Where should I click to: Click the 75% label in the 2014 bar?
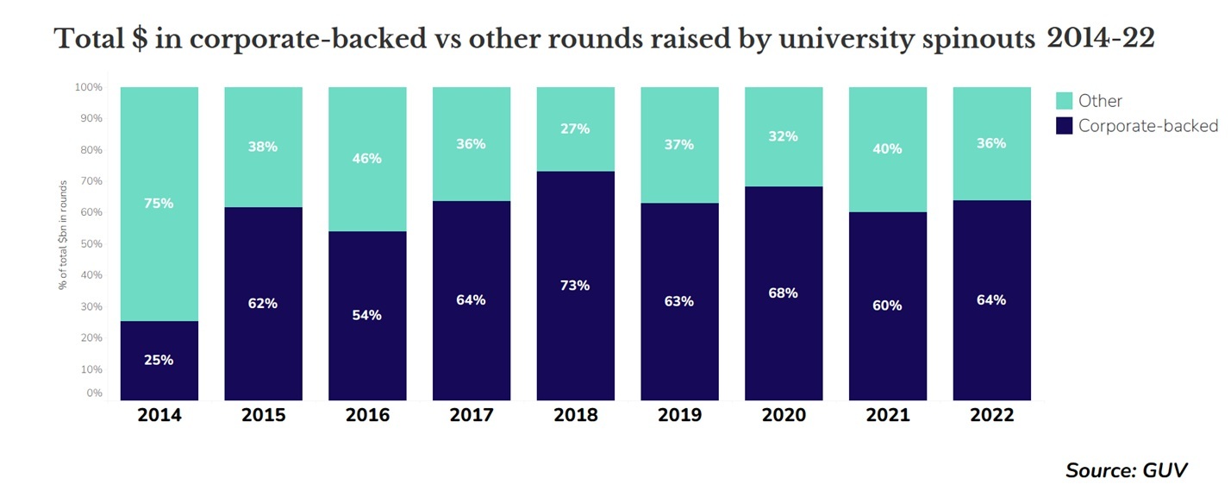(x=159, y=204)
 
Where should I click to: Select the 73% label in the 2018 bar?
(x=575, y=285)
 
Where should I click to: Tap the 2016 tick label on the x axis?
(x=367, y=415)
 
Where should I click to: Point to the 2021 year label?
(x=887, y=415)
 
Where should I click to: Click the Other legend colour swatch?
(x=1065, y=101)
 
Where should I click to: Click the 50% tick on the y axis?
(x=91, y=244)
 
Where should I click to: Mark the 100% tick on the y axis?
(x=89, y=87)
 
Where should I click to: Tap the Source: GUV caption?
(x=1126, y=470)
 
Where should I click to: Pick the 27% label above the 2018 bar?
(x=575, y=129)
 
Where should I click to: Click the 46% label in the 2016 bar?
(x=367, y=159)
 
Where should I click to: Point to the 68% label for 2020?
(x=783, y=293)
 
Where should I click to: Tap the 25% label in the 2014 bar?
(x=159, y=360)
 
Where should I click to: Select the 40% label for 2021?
(x=887, y=148)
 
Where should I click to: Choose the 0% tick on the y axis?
(x=95, y=393)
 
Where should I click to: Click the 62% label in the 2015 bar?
(x=263, y=303)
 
